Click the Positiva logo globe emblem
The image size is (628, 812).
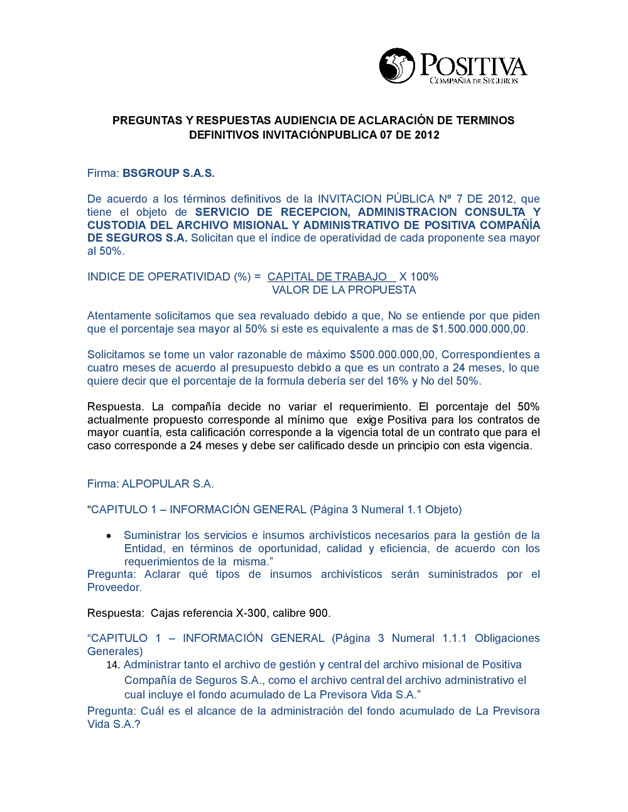coord(397,66)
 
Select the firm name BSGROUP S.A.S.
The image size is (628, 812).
coord(168,173)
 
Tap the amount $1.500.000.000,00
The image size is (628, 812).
coord(479,329)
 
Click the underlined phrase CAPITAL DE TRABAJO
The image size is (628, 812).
coord(327,277)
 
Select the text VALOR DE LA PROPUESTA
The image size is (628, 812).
coord(344,290)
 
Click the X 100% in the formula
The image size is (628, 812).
coord(419,277)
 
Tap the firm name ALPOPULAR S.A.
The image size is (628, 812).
coord(168,484)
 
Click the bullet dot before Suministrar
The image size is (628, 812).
coord(109,536)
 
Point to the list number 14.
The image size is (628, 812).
coord(113,665)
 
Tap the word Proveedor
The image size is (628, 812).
coord(114,587)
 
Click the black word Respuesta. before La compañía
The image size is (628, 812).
coord(116,407)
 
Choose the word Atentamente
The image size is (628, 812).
coord(119,316)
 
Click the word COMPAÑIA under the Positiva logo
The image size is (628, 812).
coord(450,81)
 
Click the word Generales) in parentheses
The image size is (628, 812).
coord(115,651)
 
